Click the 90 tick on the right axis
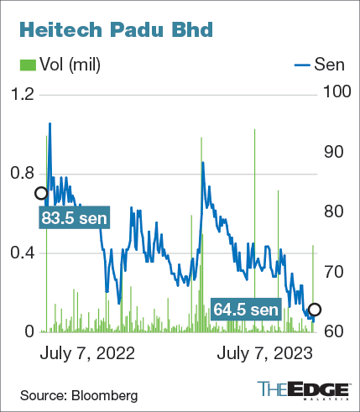pos(332,152)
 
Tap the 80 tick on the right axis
pos(332,211)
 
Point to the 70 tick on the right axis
pos(332,272)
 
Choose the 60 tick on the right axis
pos(332,331)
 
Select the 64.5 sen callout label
pos(245,310)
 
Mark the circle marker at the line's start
pos(40,193)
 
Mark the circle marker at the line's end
pos(315,309)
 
